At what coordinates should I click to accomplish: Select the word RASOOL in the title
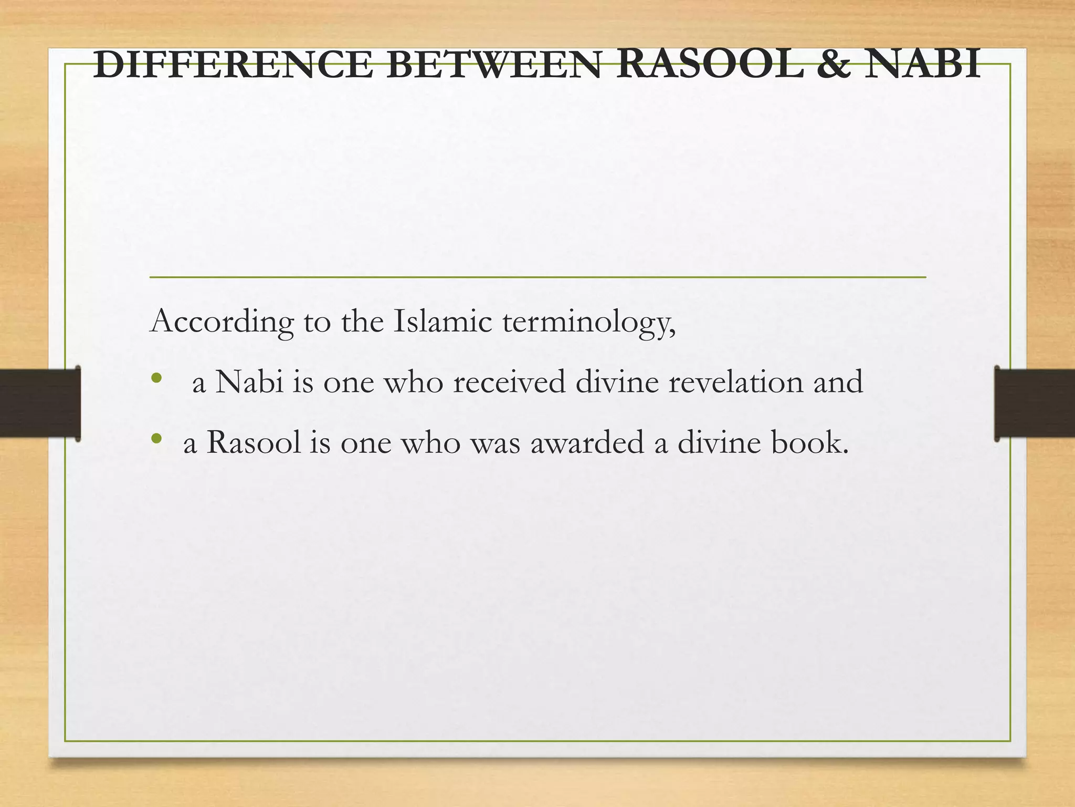[x=709, y=65]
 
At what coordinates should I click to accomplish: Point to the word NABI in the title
[x=922, y=65]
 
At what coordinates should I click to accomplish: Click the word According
[x=222, y=322]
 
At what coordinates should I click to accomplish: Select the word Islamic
[x=442, y=322]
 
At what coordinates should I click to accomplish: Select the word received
[x=509, y=382]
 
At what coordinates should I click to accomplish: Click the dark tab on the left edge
[x=40, y=403]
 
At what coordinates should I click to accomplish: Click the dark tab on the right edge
[x=1034, y=403]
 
